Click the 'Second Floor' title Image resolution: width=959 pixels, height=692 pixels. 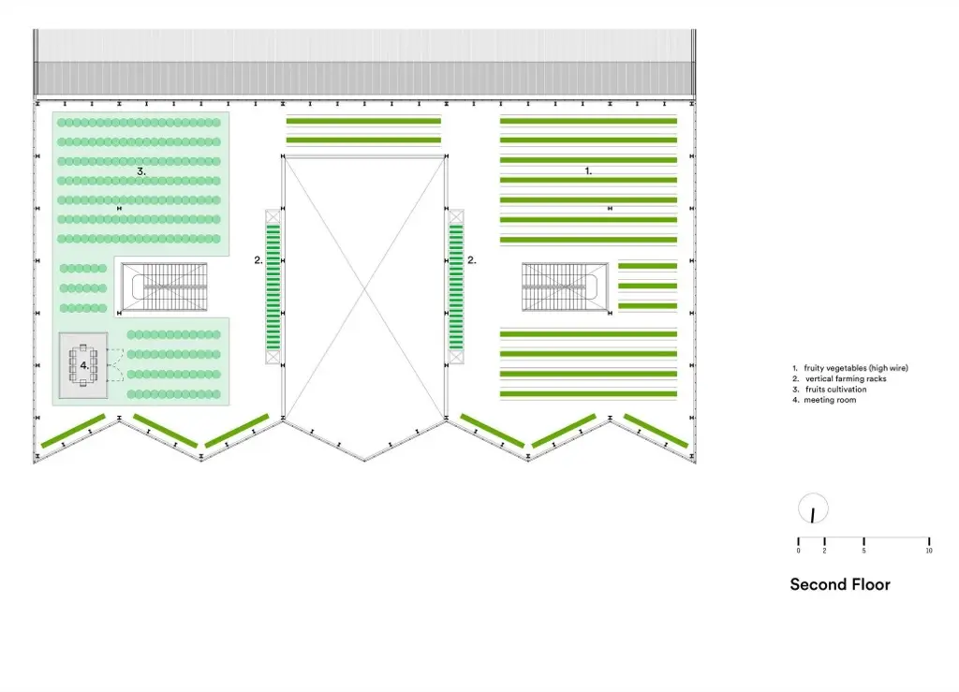(839, 584)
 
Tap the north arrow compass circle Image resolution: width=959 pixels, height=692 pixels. (813, 509)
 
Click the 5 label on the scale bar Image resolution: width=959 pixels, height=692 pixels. (863, 551)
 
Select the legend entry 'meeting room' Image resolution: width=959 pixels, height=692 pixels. (830, 400)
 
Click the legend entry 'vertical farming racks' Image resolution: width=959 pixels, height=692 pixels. (846, 379)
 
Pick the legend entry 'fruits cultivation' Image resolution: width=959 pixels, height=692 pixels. (834, 390)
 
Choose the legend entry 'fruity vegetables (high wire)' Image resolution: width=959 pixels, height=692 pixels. (856, 368)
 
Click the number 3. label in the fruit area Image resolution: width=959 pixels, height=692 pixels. (140, 171)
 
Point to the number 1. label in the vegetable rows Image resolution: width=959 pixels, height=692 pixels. (588, 171)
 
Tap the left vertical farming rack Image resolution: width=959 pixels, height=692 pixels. (273, 287)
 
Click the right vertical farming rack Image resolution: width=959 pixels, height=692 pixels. (456, 287)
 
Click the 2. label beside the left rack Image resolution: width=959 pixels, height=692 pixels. (258, 261)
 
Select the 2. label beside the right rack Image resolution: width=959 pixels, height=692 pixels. (472, 261)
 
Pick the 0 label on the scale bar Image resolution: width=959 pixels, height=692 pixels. (798, 551)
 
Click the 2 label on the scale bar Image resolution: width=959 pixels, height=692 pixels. (824, 551)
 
